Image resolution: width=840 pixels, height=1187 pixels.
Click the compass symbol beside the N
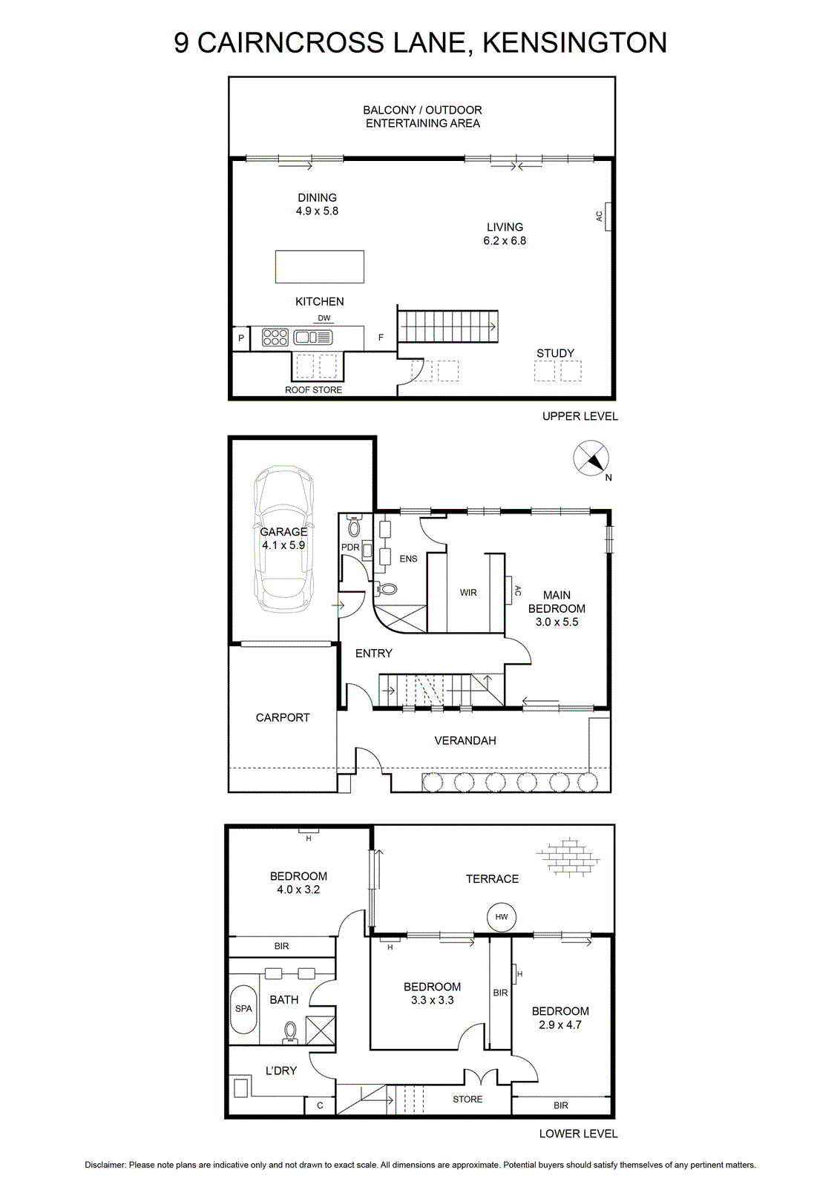point(591,458)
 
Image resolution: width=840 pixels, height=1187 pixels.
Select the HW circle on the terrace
point(502,917)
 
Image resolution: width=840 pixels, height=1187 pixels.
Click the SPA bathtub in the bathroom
point(244,1010)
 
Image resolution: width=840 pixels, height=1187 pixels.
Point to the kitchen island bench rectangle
point(320,266)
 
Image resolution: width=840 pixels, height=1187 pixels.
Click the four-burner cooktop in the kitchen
point(275,338)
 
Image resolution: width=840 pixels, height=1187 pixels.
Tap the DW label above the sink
point(324,318)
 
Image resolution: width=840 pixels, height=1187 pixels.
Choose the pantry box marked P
point(241,338)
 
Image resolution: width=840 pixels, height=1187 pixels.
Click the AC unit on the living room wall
point(607,217)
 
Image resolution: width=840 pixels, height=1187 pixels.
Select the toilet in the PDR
point(354,526)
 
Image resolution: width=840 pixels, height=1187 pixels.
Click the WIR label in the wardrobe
point(468,593)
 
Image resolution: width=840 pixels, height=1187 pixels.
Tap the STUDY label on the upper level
point(555,353)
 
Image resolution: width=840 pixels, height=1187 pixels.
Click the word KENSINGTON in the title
point(574,43)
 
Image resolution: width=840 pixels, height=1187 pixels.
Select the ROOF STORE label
point(313,390)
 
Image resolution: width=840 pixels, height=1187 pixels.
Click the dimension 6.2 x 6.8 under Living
point(505,240)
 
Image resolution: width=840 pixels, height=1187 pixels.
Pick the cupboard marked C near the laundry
point(320,1105)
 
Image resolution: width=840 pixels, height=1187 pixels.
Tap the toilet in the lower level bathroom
point(290,1033)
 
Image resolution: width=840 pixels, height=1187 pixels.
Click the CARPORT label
point(283,717)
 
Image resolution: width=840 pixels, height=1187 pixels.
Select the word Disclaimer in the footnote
point(105,1165)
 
